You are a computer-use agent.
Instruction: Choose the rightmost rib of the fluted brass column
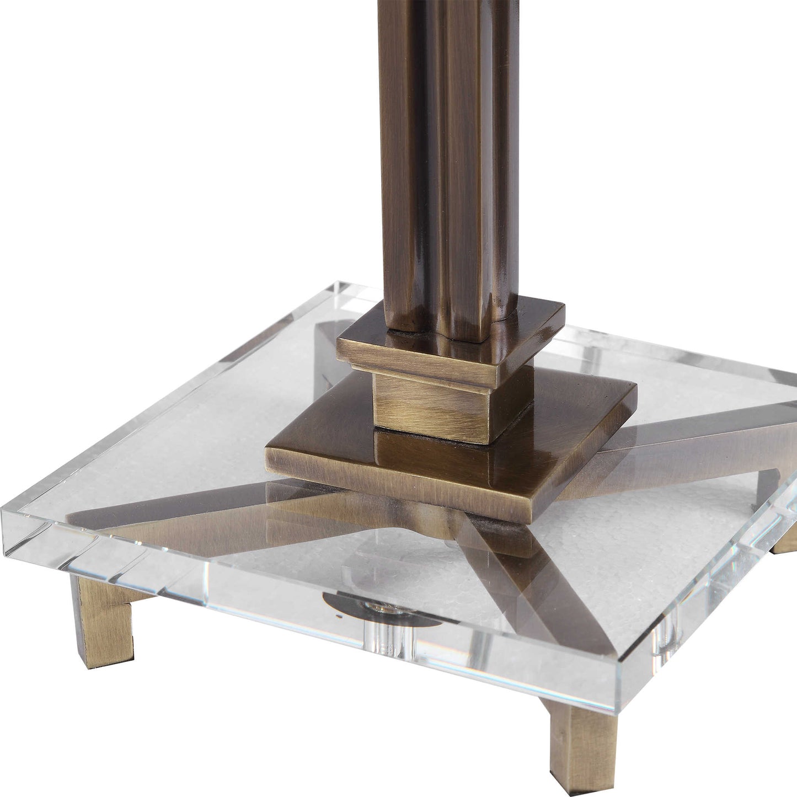click(x=505, y=165)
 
